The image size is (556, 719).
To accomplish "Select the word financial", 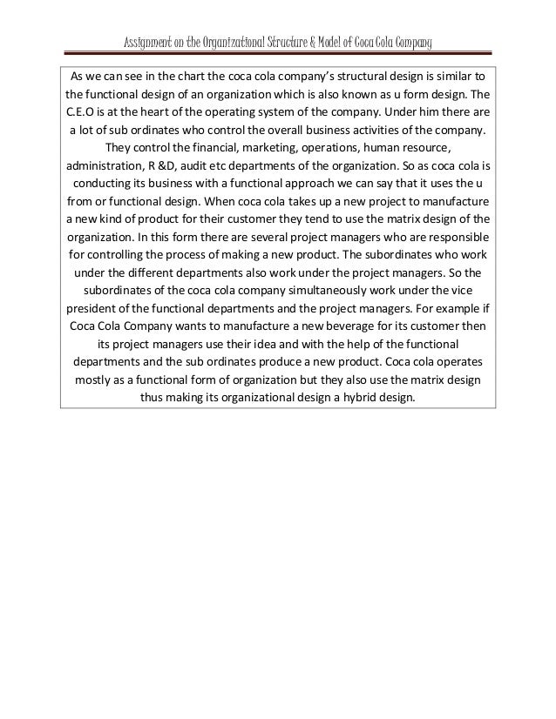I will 228,147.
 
